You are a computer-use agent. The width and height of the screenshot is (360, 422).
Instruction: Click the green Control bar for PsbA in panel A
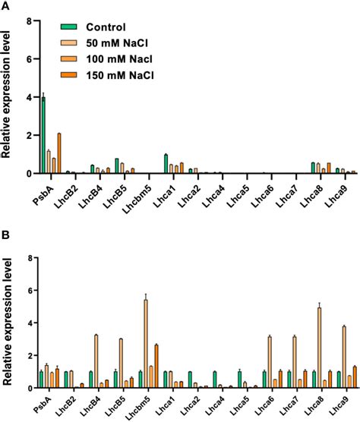(x=43, y=136)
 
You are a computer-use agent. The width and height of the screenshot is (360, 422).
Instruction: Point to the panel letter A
(x=6, y=6)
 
